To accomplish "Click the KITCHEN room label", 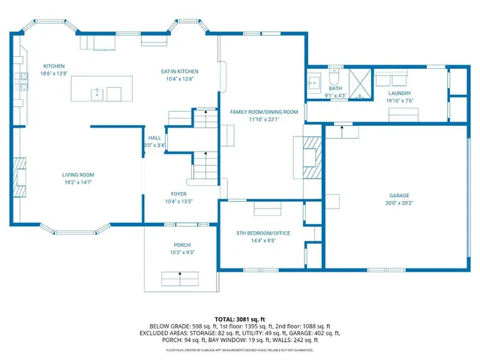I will click(x=55, y=66).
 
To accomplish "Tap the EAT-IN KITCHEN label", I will click(x=178, y=71).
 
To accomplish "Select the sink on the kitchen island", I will click(x=97, y=94).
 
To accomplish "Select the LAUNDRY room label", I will click(x=400, y=93).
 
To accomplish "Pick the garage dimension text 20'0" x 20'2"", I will click(x=399, y=202).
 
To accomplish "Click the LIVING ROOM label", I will click(x=78, y=174).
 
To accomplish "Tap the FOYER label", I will click(x=178, y=193).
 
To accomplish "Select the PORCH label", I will click(x=181, y=244).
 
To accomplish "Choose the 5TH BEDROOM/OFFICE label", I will click(x=263, y=233).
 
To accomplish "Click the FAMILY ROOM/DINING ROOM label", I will click(x=264, y=111).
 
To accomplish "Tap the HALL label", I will click(x=154, y=138).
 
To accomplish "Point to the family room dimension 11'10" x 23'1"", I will click(x=264, y=119).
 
